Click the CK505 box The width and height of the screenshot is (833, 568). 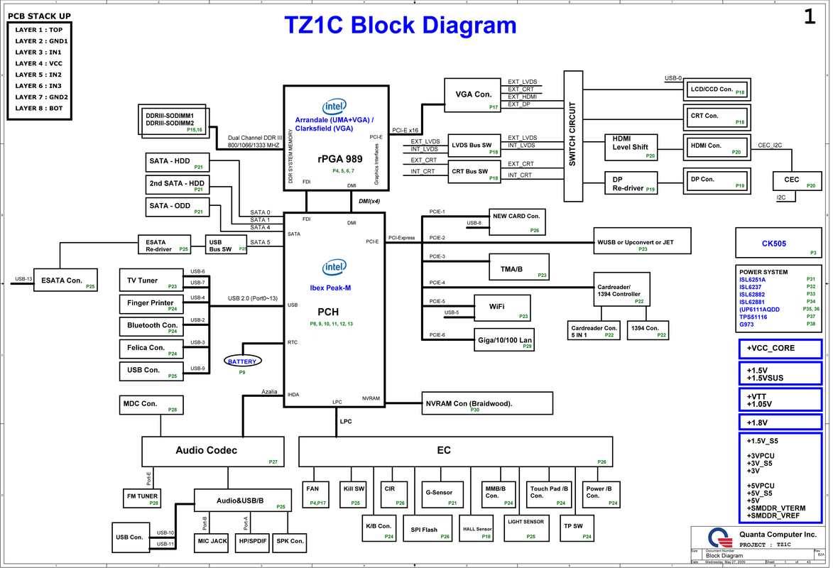779,244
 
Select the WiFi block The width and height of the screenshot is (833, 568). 502,308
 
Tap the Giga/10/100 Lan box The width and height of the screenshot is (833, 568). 503,339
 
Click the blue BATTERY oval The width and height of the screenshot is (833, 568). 241,361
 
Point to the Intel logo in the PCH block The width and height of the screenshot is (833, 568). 334,268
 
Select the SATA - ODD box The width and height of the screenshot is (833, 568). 178,207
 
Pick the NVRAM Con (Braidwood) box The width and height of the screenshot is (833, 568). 487,403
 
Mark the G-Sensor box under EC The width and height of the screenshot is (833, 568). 440,493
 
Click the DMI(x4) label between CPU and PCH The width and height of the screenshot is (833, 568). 369,201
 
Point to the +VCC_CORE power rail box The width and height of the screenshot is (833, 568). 779,349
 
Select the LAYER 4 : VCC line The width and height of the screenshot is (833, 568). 39,63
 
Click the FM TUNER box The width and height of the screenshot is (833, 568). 143,497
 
